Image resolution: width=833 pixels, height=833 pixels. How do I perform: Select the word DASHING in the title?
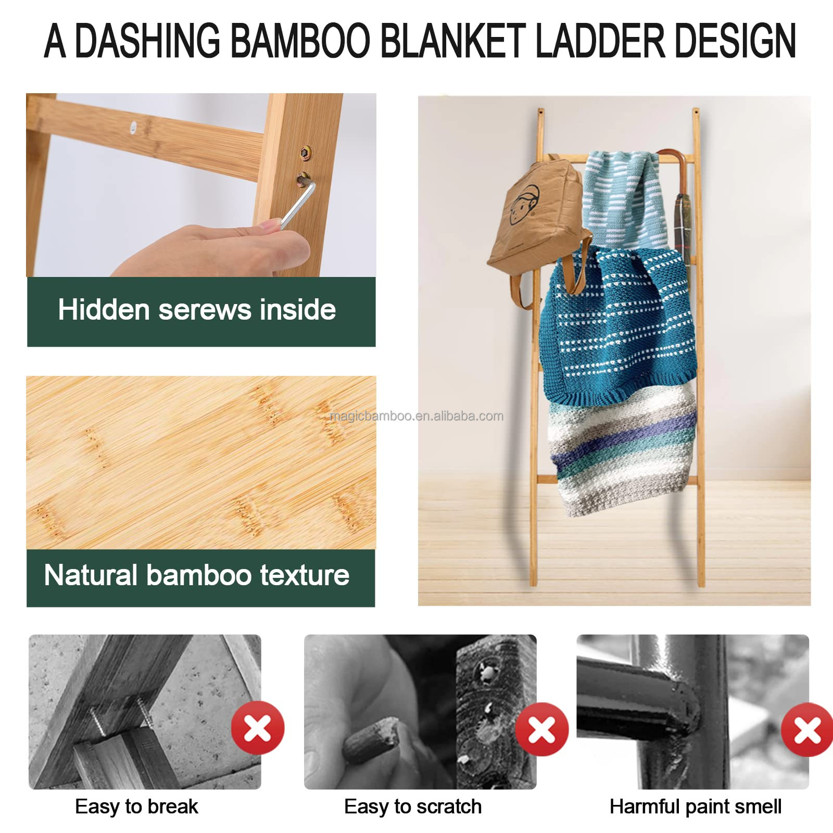pyautogui.click(x=148, y=41)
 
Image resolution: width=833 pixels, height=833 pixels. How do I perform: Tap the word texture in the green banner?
pyautogui.click(x=305, y=575)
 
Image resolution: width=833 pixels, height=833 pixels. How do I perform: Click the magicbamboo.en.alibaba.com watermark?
pyautogui.click(x=416, y=416)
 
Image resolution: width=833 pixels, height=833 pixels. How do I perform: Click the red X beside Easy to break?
pyautogui.click(x=258, y=727)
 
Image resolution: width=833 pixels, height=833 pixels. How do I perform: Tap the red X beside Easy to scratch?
pyautogui.click(x=542, y=729)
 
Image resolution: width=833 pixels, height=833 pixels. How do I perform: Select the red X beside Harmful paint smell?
pyautogui.click(x=807, y=729)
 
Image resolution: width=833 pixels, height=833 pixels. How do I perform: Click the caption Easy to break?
pyautogui.click(x=136, y=806)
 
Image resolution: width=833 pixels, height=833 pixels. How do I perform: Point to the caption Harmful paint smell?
pyautogui.click(x=696, y=806)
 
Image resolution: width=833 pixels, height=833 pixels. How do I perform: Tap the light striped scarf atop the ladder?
pyautogui.click(x=624, y=200)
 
